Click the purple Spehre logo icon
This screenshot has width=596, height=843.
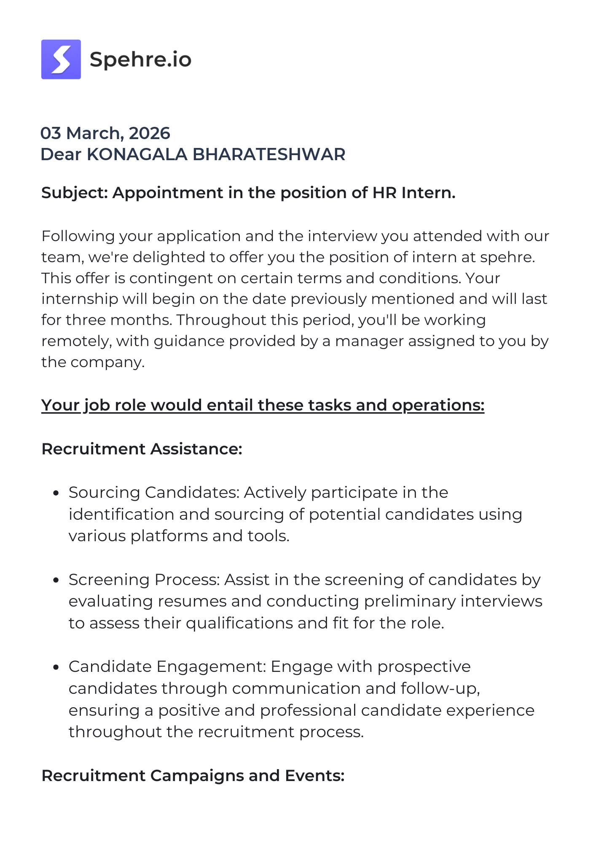coord(61,59)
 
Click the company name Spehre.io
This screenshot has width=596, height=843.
coord(140,59)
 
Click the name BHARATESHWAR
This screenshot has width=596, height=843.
coord(269,154)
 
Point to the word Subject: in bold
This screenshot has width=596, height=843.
coord(75,193)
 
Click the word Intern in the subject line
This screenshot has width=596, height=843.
coord(428,193)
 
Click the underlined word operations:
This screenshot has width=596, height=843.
coord(438,405)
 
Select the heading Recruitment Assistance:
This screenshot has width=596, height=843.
coord(142,449)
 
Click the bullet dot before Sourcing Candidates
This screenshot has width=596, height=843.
coord(56,493)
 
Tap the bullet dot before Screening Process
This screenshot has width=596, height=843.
coord(56,580)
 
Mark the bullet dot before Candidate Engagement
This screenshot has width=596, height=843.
coord(56,667)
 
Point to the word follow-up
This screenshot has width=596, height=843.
coord(440,688)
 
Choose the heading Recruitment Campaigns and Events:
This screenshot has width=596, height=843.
coord(193,776)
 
